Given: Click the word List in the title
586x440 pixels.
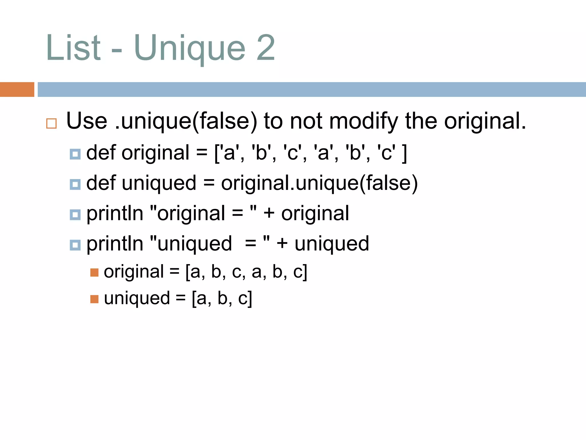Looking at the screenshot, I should pos(73,48).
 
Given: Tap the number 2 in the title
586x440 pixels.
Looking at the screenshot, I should pos(266,48).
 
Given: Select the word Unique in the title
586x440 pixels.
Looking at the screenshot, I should pos(189,48).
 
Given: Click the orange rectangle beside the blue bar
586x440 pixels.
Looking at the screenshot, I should pos(17,89).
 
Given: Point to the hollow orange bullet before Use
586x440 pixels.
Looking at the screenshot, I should pos(52,123).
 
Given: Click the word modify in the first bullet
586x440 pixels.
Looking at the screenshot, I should pos(363,121).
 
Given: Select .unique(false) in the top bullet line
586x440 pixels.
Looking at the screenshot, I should pos(186,121).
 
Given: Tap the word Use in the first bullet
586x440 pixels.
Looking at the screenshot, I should pos(87,121).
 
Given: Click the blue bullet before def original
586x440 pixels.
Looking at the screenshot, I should pos(75,154).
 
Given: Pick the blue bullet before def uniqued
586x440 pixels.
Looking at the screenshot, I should pos(75,184).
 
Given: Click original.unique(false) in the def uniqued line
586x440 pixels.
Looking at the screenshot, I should pos(319,183).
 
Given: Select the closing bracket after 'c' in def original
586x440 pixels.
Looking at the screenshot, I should pos(404,153).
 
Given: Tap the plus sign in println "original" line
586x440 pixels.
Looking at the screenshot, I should pos(269,214).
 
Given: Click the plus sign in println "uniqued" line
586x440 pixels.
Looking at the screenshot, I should pos(282,244).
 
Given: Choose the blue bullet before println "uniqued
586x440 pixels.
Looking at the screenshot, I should pos(75,245).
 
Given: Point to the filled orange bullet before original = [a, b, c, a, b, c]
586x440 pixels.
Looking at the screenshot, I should pos(94,272).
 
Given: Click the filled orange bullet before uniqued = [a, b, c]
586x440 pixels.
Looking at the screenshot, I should pos(94,299).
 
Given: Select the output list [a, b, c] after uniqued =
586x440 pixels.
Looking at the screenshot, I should pos(222,298).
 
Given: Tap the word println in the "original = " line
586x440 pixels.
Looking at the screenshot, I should pos(115,214).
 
